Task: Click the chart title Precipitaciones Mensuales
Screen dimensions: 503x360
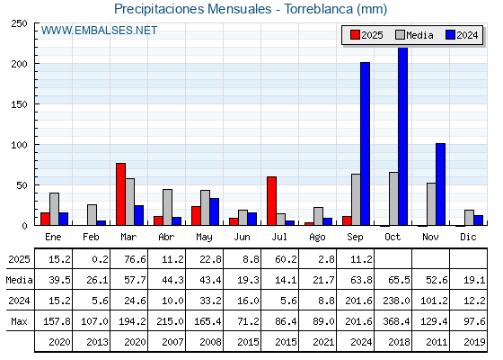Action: click(x=193, y=9)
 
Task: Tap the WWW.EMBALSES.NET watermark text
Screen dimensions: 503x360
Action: click(x=99, y=31)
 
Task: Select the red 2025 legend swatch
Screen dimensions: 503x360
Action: click(x=355, y=35)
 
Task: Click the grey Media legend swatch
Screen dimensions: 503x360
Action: click(x=400, y=35)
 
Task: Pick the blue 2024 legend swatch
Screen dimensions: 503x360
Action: click(x=450, y=35)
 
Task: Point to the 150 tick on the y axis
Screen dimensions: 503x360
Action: click(x=19, y=104)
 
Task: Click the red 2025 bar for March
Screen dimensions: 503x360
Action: click(x=120, y=194)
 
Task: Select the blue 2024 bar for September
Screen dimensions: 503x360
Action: click(x=365, y=144)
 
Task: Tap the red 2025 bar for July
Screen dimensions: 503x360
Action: click(x=271, y=201)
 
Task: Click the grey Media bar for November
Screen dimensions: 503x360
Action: click(x=431, y=204)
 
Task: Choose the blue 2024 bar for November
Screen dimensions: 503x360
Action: click(x=440, y=184)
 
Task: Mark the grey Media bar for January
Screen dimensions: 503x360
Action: click(x=54, y=209)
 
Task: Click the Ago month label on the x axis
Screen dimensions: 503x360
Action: click(x=317, y=238)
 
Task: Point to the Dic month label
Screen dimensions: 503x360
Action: click(x=468, y=237)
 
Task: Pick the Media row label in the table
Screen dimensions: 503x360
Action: click(x=19, y=280)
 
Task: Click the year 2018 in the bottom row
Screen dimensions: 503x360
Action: click(x=399, y=342)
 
